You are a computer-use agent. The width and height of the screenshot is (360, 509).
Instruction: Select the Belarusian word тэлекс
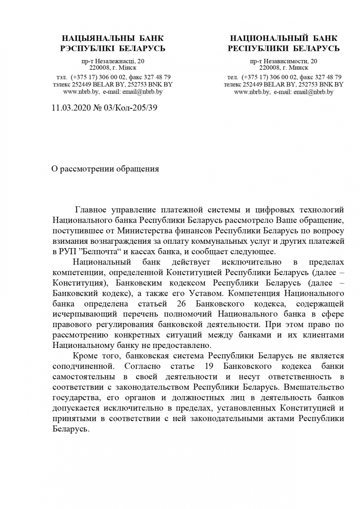[x=62, y=84]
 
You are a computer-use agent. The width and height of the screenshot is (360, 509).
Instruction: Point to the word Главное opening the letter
[x=91, y=210]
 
